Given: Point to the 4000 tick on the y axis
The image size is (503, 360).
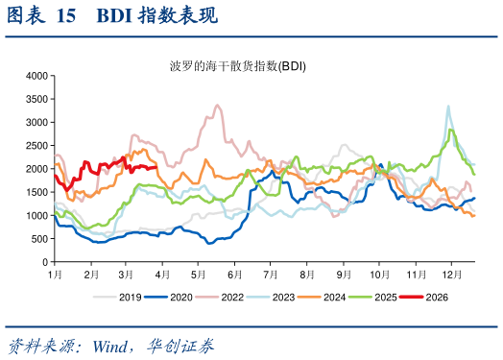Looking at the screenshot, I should click(37, 76).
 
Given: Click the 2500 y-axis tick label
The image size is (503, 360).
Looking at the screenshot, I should click(37, 146).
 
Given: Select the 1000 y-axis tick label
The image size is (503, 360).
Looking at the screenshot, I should click(37, 216).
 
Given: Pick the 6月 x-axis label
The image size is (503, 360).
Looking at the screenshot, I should click(235, 275).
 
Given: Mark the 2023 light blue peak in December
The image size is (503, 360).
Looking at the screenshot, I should click(448, 107).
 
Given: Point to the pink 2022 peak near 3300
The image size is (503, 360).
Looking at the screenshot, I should click(218, 106).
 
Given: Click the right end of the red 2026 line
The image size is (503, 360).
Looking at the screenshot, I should click(156, 167).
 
